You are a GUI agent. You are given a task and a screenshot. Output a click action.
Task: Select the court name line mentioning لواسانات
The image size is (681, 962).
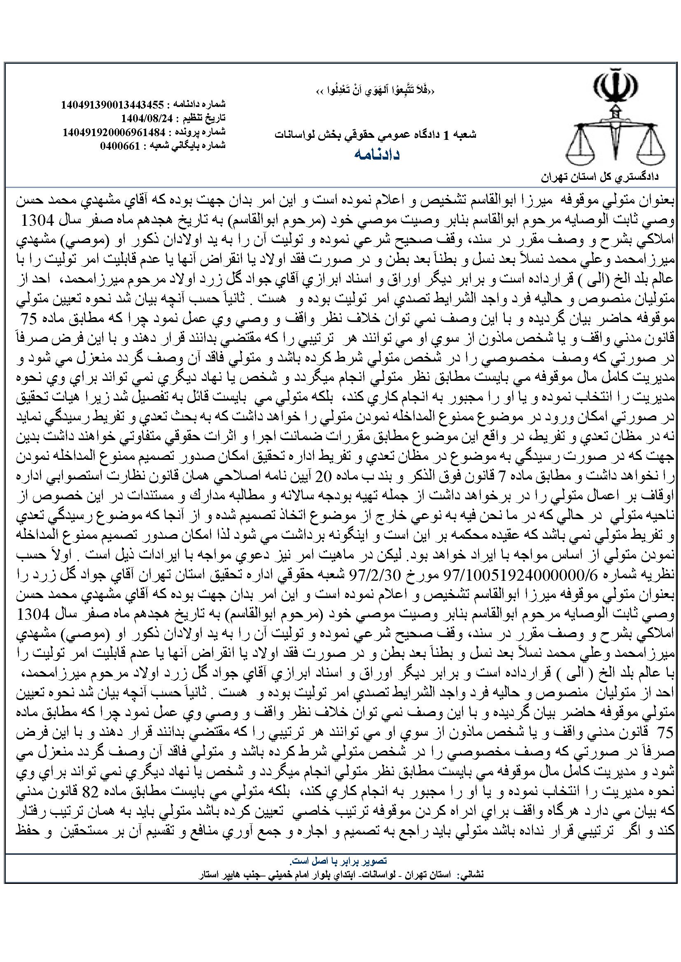[x=375, y=135]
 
